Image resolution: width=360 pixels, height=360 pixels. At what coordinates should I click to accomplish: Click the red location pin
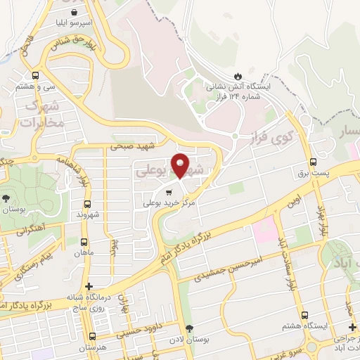pyautogui.click(x=180, y=165)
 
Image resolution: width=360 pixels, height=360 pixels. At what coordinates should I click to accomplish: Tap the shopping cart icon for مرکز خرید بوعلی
pyautogui.click(x=167, y=192)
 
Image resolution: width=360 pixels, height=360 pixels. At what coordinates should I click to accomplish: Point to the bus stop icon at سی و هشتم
pyautogui.click(x=35, y=75)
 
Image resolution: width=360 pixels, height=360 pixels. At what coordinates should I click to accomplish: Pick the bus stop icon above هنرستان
pyautogui.click(x=93, y=336)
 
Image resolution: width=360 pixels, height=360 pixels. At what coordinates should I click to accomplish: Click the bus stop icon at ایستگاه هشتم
pyautogui.click(x=304, y=315)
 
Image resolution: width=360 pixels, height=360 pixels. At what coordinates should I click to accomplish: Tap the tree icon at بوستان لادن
pyautogui.click(x=188, y=328)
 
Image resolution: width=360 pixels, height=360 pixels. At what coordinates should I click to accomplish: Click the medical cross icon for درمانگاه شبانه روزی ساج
pyautogui.click(x=88, y=286)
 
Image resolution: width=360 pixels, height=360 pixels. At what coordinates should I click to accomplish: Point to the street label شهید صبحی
pyautogui.click(x=131, y=147)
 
